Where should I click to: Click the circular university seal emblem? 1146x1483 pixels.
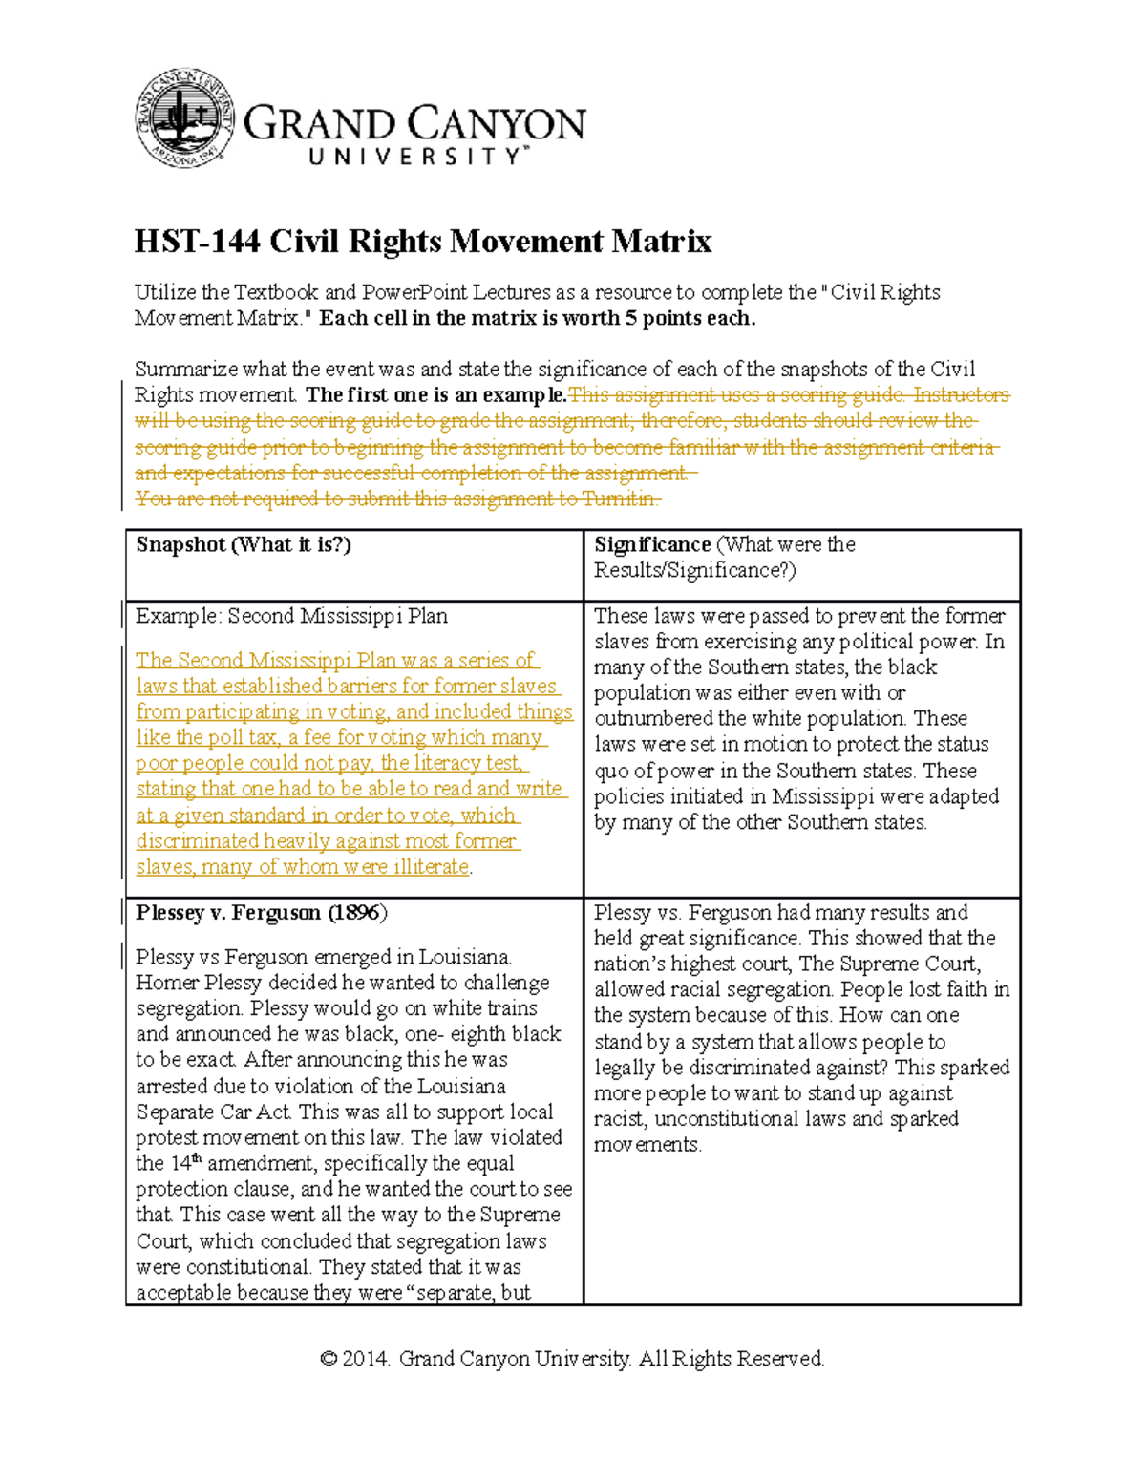point(185,118)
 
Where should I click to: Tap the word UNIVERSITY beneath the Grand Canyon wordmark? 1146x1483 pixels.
point(415,157)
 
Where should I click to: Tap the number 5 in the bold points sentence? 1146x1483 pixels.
point(630,318)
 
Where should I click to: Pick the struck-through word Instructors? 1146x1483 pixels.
point(961,395)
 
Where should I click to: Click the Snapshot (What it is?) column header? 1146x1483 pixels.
point(244,544)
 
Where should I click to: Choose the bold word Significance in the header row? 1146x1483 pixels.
point(652,544)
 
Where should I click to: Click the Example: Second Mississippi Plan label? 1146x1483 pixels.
point(291,616)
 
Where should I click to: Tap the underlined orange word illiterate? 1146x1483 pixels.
point(424,867)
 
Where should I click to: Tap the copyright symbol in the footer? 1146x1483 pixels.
point(329,1359)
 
